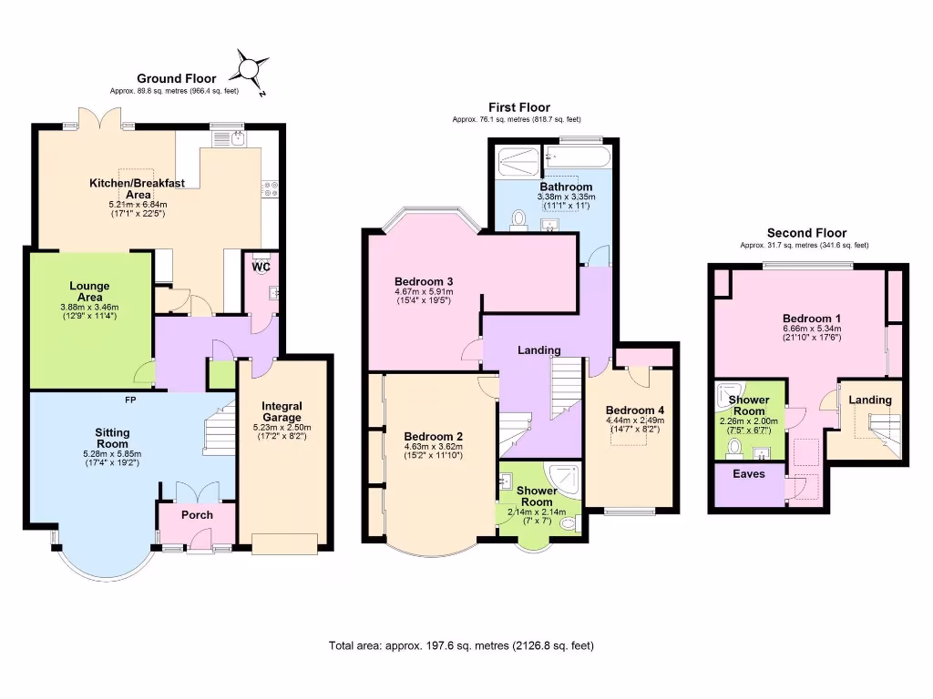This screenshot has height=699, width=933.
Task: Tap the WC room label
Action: [261, 267]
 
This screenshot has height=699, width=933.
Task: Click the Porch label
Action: [197, 515]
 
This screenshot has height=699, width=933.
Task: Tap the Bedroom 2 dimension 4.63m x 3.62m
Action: [434, 446]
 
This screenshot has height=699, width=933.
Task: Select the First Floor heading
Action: [519, 107]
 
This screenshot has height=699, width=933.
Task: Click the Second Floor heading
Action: [806, 233]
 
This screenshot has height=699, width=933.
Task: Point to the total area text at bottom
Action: [461, 646]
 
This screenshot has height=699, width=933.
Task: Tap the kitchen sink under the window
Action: [237, 138]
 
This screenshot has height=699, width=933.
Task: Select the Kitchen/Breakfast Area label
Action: [137, 188]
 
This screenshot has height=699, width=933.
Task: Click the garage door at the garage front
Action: [285, 543]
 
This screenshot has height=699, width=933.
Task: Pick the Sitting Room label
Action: [113, 439]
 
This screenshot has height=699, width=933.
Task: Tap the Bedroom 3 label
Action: [424, 281]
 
